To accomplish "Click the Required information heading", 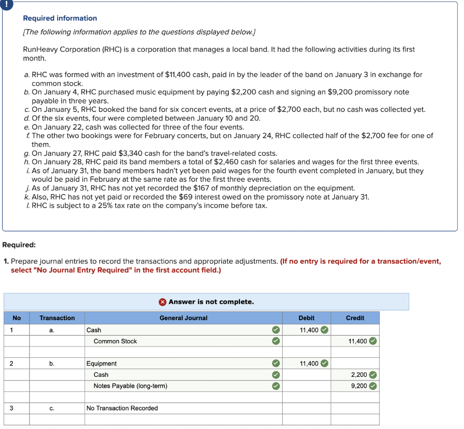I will [x=60, y=18].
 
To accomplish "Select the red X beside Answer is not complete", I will [x=163, y=302].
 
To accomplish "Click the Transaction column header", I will [x=57, y=318].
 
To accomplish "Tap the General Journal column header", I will [x=183, y=318].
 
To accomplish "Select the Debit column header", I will [x=306, y=318].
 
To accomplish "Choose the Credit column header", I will [x=355, y=318].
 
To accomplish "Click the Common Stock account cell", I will [x=115, y=341].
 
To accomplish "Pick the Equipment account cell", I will [x=101, y=363].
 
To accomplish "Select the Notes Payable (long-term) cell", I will [x=130, y=386].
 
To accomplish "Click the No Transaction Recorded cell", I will [x=122, y=408].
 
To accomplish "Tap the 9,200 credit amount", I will [x=359, y=386].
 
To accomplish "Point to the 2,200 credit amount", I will [x=359, y=375].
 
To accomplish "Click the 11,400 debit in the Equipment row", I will [x=309, y=363].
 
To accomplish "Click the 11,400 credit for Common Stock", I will [x=358, y=341].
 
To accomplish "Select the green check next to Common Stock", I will [x=275, y=341].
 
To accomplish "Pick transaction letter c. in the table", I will [x=52, y=408].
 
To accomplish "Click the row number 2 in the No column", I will [x=11, y=363].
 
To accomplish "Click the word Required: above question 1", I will [x=19, y=245].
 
